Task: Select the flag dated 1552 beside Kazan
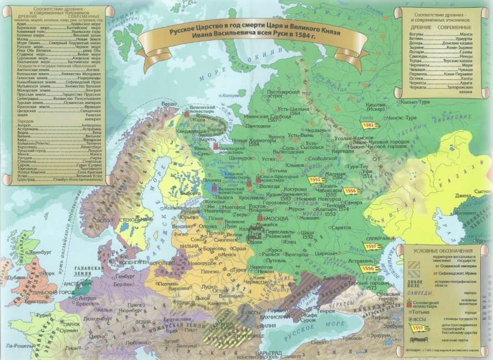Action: [x=316, y=180]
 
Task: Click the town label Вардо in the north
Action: [x=170, y=103]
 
